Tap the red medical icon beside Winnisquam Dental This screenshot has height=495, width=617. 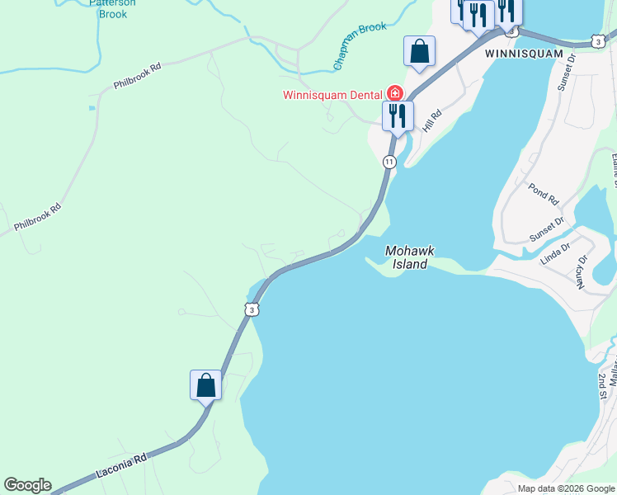pos(396,93)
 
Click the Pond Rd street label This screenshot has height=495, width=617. pos(544,194)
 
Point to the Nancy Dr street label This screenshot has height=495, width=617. pos(582,271)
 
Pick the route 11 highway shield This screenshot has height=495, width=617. pos(389,162)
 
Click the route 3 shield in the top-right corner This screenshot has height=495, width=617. pos(597,40)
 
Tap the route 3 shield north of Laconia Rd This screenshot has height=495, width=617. pos(251,309)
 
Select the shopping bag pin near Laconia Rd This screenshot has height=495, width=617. pos(205,385)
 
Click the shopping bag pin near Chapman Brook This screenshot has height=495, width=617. pos(419,51)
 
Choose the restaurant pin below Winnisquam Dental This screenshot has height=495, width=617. pos(398,115)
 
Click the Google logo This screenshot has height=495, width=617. pos(27,485)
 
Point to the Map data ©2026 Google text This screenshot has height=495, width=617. pos(565,488)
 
